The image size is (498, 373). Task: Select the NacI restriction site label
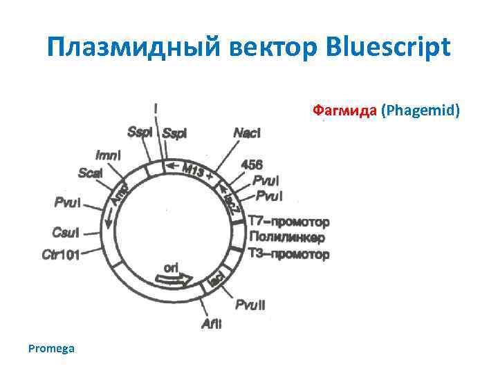[x=247, y=132]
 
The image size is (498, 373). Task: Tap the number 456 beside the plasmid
[x=252, y=164]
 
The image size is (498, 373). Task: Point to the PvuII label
[x=250, y=305]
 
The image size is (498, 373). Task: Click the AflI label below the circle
[x=212, y=323]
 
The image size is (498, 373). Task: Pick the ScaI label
[x=91, y=173]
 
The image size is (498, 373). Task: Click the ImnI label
[x=107, y=155]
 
